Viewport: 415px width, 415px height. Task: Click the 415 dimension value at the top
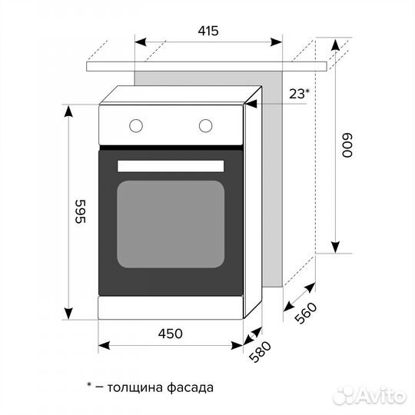tap(207, 32)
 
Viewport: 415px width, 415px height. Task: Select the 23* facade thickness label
tap(299, 94)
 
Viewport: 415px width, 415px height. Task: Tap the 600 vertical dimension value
tap(347, 146)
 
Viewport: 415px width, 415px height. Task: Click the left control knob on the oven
tap(136, 124)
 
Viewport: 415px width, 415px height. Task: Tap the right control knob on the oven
tap(206, 124)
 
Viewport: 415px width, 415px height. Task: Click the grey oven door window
tap(171, 224)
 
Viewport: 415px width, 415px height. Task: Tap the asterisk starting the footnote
tap(89, 385)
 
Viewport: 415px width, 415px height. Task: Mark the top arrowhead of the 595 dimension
tap(68, 111)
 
